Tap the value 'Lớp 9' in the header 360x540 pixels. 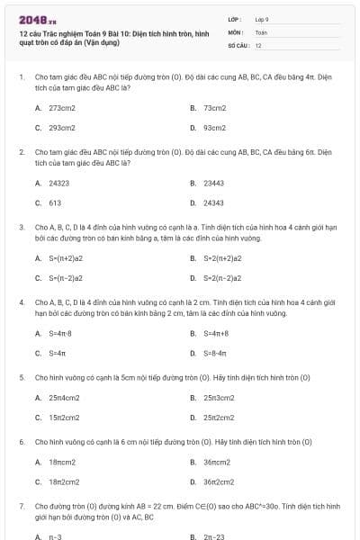pyautogui.click(x=262, y=18)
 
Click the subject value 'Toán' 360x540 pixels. pyautogui.click(x=261, y=31)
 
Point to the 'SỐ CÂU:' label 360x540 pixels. pyautogui.click(x=237, y=44)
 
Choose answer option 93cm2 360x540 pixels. pyautogui.click(x=214, y=128)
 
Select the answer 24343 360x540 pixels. pyautogui.click(x=213, y=203)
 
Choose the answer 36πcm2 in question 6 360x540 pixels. pyautogui.click(x=217, y=462)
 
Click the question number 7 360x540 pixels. pyautogui.click(x=21, y=507)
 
